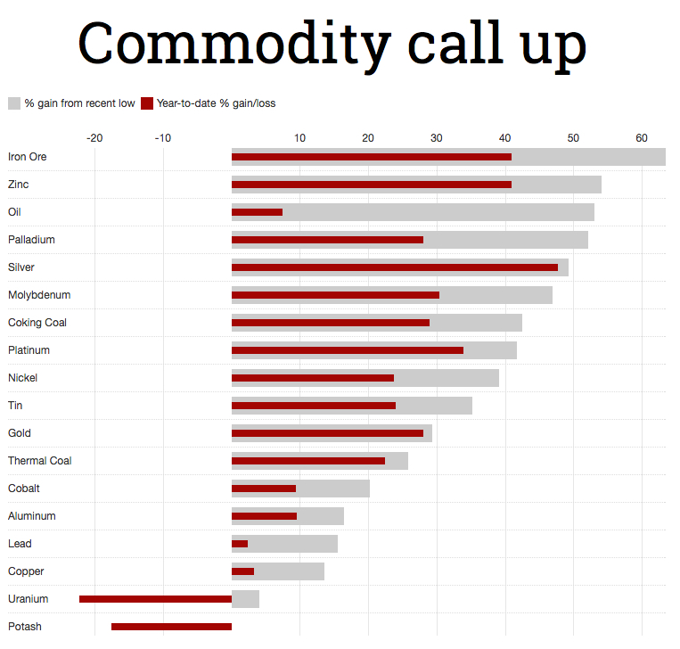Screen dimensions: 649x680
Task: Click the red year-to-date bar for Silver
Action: point(394,267)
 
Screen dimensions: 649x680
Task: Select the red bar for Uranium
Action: point(155,599)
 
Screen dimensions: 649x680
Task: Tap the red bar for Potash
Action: point(171,627)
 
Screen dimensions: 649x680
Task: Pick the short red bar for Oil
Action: point(257,212)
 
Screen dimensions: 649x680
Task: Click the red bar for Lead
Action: point(240,544)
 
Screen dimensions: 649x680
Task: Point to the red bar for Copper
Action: point(242,571)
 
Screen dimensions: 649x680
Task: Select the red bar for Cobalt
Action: point(263,489)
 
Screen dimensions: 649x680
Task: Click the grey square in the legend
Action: point(14,103)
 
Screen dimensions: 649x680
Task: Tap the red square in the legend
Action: point(147,103)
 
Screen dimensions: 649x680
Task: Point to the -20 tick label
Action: point(94,138)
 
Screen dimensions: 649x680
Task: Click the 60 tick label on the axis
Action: point(641,138)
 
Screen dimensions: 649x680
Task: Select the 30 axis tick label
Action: point(436,138)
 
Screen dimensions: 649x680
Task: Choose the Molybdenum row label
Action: point(39,295)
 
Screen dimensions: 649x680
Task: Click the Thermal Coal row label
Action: point(40,461)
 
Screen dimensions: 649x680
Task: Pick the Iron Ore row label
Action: point(28,157)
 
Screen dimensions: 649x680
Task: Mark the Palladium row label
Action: point(32,240)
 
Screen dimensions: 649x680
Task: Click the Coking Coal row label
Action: point(37,323)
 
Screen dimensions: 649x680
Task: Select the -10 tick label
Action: point(162,138)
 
